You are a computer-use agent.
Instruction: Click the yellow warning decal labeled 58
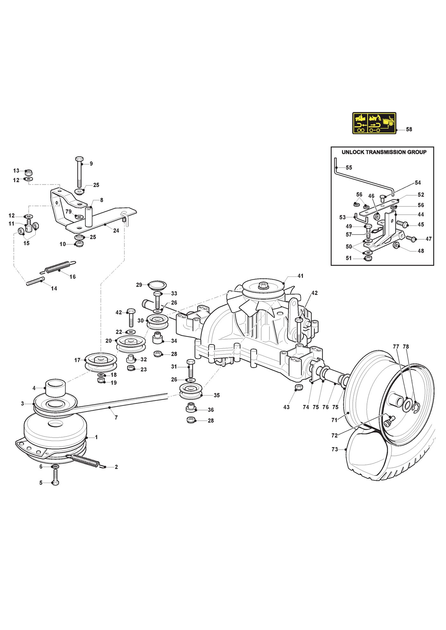(x=374, y=123)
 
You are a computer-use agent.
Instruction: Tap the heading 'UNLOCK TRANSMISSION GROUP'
(x=384, y=152)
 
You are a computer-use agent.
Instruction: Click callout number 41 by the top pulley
(x=300, y=276)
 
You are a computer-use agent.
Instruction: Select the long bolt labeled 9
(x=79, y=172)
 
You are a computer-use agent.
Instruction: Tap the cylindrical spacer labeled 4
(x=56, y=388)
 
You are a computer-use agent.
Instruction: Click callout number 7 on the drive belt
(x=116, y=417)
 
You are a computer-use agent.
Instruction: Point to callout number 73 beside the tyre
(x=334, y=449)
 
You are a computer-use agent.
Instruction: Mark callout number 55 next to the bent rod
(x=349, y=167)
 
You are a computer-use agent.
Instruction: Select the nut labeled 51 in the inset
(x=367, y=258)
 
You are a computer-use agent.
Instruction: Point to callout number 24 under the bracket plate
(x=116, y=230)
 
